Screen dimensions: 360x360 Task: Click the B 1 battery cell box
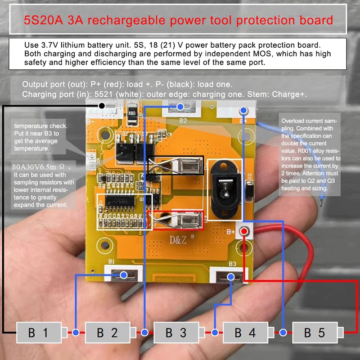pos(38,333)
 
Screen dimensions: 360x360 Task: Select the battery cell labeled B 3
pos(176,333)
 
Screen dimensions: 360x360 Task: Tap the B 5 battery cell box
pos(315,333)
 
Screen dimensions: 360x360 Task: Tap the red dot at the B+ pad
pos(244,231)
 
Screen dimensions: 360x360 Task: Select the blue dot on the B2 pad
pos(180,107)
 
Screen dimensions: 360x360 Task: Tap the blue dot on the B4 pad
pos(244,110)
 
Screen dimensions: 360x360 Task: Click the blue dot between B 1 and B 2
pos(76,333)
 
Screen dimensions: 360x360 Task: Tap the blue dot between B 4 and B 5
pos(283,333)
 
